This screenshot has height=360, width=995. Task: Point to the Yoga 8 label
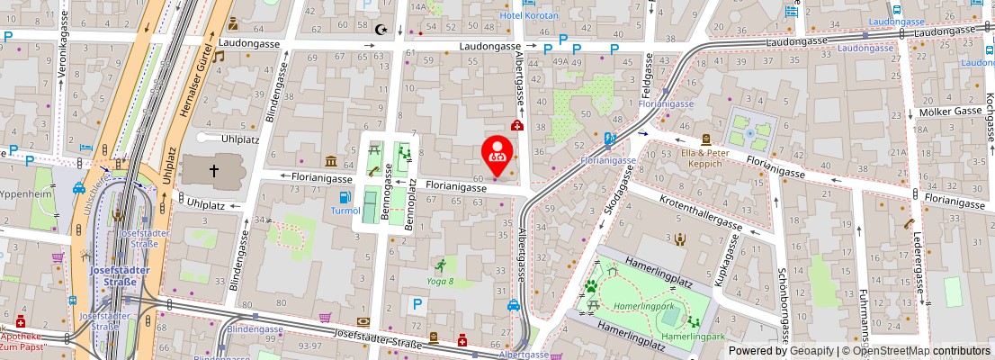[439, 281]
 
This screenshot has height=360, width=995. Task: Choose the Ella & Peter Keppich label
[706, 158]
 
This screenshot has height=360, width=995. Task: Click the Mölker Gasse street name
[950, 112]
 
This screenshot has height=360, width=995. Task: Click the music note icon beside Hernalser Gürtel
[218, 56]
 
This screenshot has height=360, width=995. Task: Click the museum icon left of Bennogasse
[331, 162]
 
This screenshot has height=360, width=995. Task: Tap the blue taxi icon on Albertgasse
[513, 305]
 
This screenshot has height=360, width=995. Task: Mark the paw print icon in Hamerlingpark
[591, 287]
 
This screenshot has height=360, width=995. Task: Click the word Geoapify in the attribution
[805, 350]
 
